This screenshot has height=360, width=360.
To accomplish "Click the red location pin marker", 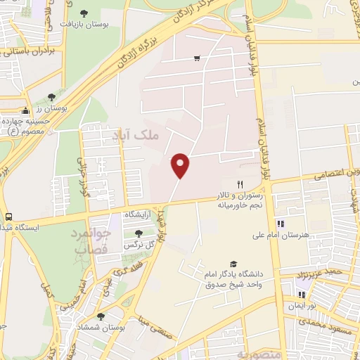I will pyautogui.click(x=181, y=165).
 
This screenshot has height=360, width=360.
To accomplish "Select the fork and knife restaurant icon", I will pyautogui.click(x=240, y=184).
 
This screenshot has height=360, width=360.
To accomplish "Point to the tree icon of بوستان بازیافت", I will pyautogui.click(x=84, y=13).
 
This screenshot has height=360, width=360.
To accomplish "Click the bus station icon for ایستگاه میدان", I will pyautogui.click(x=8, y=217).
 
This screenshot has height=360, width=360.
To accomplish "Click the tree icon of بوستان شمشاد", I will pyautogui.click(x=101, y=317).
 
